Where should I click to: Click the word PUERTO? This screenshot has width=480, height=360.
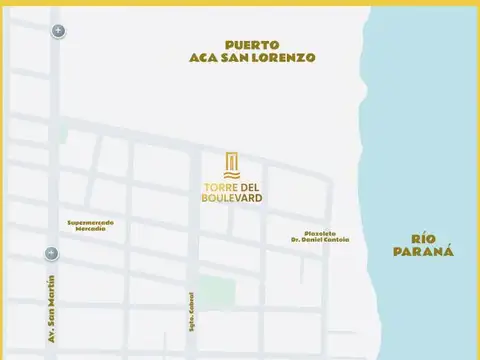[251, 45]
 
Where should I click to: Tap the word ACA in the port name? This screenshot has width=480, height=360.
[204, 58]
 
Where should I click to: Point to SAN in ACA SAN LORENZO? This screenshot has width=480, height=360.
[238, 58]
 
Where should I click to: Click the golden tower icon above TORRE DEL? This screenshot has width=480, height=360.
[231, 163]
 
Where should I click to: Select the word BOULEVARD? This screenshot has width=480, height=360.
[231, 196]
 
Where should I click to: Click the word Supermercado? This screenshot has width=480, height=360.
[91, 222]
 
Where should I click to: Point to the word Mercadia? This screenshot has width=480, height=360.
[90, 229]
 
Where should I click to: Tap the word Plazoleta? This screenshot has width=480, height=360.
[321, 232]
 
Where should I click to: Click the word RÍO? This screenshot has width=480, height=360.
[423, 238]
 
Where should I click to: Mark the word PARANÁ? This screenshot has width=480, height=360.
[423, 251]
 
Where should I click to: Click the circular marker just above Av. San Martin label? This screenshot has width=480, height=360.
[51, 254]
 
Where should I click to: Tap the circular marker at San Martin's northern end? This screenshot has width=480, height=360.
[59, 31]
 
